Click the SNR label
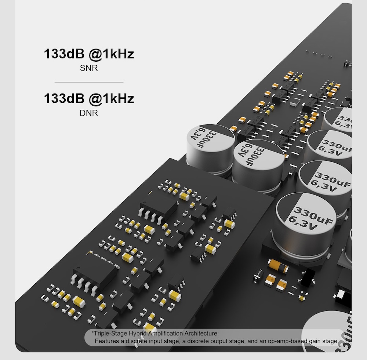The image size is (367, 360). click(x=89, y=68)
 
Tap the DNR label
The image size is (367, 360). click(x=89, y=113)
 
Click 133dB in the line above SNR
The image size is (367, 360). click(x=64, y=54)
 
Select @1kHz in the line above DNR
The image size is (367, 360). click(x=111, y=99)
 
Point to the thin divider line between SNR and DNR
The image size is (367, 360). click(x=89, y=82)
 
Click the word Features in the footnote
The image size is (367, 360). click(x=108, y=341)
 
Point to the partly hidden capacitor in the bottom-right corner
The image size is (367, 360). click(x=330, y=334)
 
